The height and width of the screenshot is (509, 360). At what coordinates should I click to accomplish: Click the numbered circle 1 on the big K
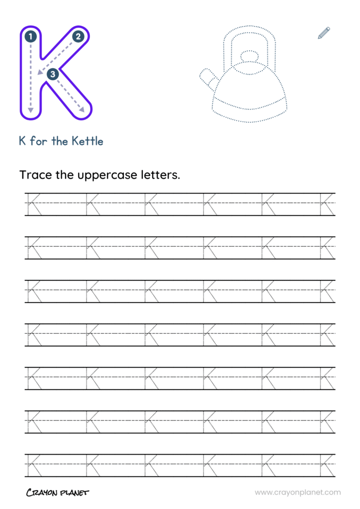pyautogui.click(x=30, y=36)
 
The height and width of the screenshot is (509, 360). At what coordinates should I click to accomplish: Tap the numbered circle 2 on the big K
pyautogui.click(x=78, y=36)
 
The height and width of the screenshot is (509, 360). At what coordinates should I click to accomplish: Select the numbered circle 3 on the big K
pyautogui.click(x=53, y=74)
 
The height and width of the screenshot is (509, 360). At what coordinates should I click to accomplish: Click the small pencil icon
pyautogui.click(x=324, y=33)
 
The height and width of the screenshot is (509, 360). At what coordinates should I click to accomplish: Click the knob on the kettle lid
pyautogui.click(x=249, y=56)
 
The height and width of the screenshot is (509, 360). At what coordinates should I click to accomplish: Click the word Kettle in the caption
pyautogui.click(x=88, y=141)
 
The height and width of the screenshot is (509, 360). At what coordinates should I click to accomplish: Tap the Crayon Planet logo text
pyautogui.click(x=58, y=493)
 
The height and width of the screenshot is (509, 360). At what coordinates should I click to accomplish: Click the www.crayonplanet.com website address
pyautogui.click(x=298, y=493)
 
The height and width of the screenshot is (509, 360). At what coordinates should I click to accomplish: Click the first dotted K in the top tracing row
pyautogui.click(x=33, y=204)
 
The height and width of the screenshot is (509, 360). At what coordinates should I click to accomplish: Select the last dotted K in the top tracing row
pyautogui.click(x=328, y=204)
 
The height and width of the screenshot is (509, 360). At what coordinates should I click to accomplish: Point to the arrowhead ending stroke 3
pyautogui.click(x=82, y=109)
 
